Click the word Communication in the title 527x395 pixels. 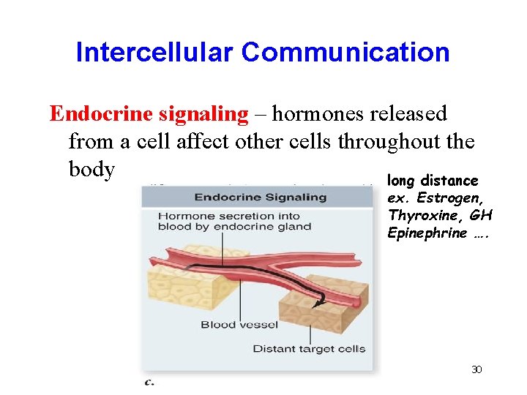point(345,52)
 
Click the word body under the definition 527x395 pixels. point(91,169)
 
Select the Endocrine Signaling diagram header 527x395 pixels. point(260,197)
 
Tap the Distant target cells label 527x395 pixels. point(308,349)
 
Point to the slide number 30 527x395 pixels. point(476,370)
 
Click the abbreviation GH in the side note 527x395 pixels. point(481,216)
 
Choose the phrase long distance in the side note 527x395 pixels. point(433,181)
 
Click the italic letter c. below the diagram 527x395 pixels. point(149,381)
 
